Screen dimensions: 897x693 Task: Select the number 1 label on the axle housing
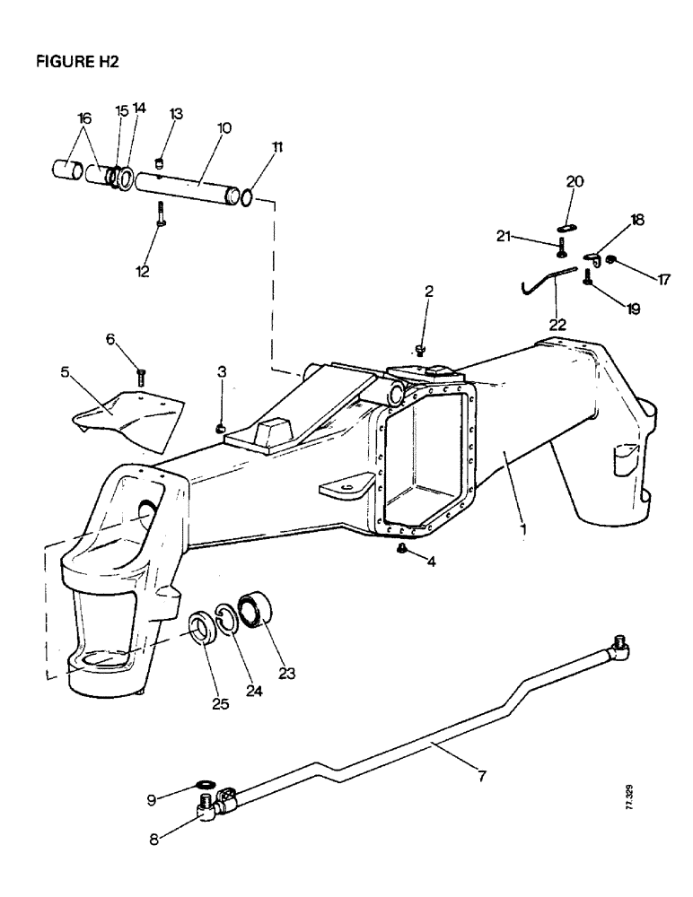[522, 529]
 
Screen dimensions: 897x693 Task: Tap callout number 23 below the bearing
[287, 671]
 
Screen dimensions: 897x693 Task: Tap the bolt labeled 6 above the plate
[140, 374]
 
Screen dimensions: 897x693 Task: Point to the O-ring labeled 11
[247, 194]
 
